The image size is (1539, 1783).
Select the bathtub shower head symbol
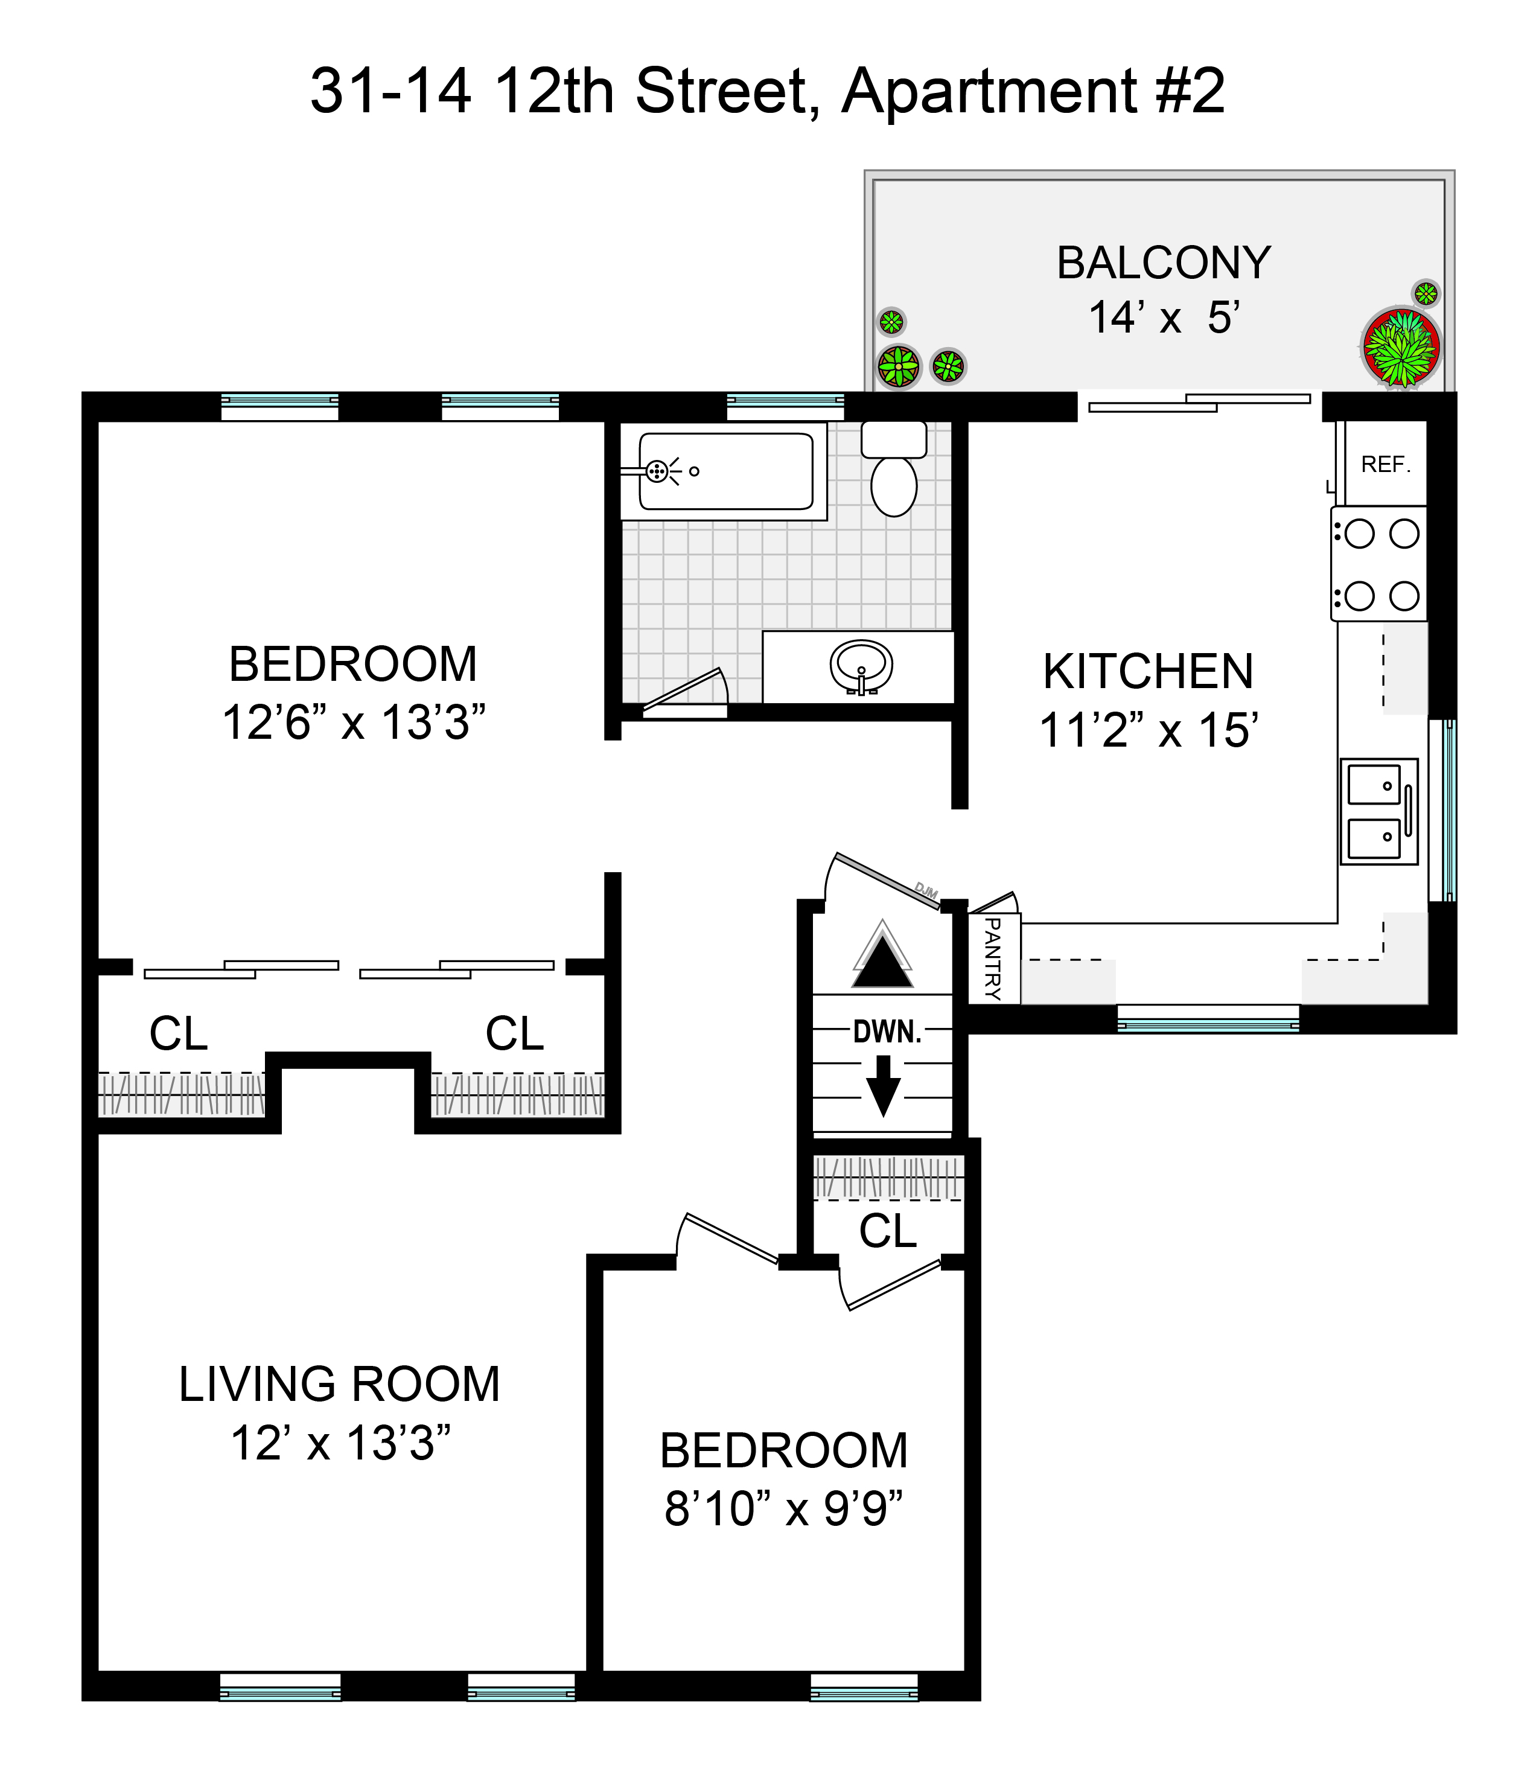(x=657, y=471)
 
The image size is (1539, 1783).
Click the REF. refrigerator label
(x=1386, y=465)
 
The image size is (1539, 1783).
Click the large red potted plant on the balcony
(x=1401, y=348)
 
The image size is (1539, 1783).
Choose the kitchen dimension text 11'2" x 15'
(x=1149, y=730)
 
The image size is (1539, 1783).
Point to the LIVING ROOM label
(x=339, y=1385)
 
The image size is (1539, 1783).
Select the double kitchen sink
(x=1378, y=811)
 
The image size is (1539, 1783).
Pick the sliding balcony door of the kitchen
(x=1199, y=402)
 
